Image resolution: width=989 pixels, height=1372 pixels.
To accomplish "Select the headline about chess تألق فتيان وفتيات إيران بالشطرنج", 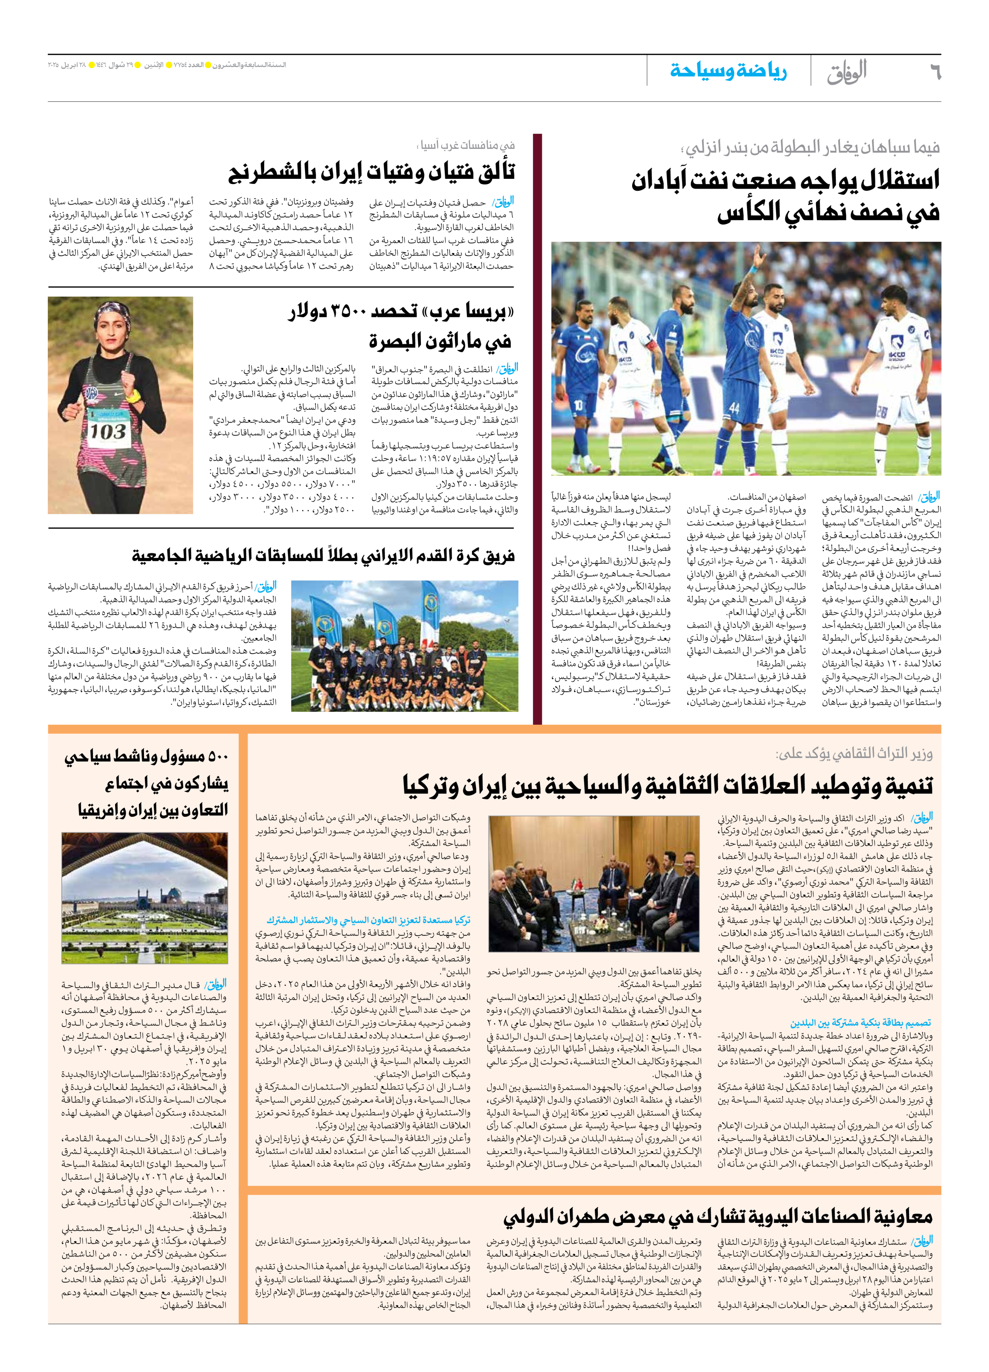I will [x=371, y=172].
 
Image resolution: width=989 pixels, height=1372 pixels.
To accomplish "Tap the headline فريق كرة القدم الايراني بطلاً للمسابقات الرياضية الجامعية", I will [x=324, y=555].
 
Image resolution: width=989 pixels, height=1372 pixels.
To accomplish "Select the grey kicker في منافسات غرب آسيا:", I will [x=465, y=145].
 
